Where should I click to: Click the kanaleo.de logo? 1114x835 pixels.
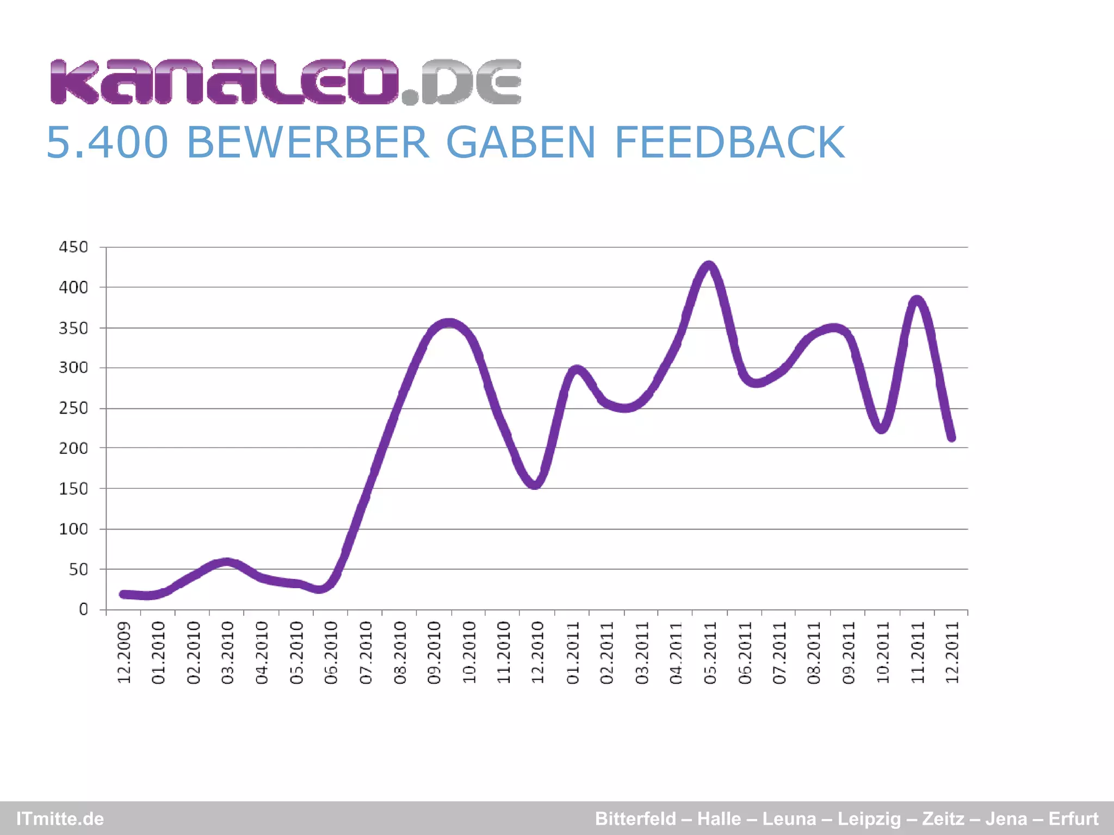click(x=286, y=82)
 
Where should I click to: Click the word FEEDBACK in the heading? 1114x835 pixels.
click(x=729, y=142)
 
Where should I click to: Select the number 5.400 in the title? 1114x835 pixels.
click(x=107, y=142)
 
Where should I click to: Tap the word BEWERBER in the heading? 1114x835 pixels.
click(x=308, y=142)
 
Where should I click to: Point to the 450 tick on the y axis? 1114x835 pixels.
click(x=73, y=247)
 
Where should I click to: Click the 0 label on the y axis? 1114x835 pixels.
click(x=83, y=609)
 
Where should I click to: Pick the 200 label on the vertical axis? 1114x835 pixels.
click(x=73, y=448)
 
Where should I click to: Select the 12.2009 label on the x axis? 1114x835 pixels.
click(x=125, y=653)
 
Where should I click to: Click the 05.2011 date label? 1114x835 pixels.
click(x=710, y=653)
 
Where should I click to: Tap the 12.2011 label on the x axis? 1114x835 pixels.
click(x=952, y=653)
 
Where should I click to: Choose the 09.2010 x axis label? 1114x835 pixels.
click(x=434, y=653)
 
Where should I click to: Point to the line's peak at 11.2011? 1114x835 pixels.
click(x=917, y=300)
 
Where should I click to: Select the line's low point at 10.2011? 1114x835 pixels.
click(x=882, y=428)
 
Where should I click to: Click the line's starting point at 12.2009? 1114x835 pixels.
click(x=124, y=594)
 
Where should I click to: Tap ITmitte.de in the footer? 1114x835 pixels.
click(x=60, y=819)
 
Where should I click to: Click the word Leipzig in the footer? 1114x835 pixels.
click(x=869, y=819)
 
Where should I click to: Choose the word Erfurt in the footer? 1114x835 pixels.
click(x=1073, y=819)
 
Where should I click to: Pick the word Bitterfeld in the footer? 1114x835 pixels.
click(x=635, y=819)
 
